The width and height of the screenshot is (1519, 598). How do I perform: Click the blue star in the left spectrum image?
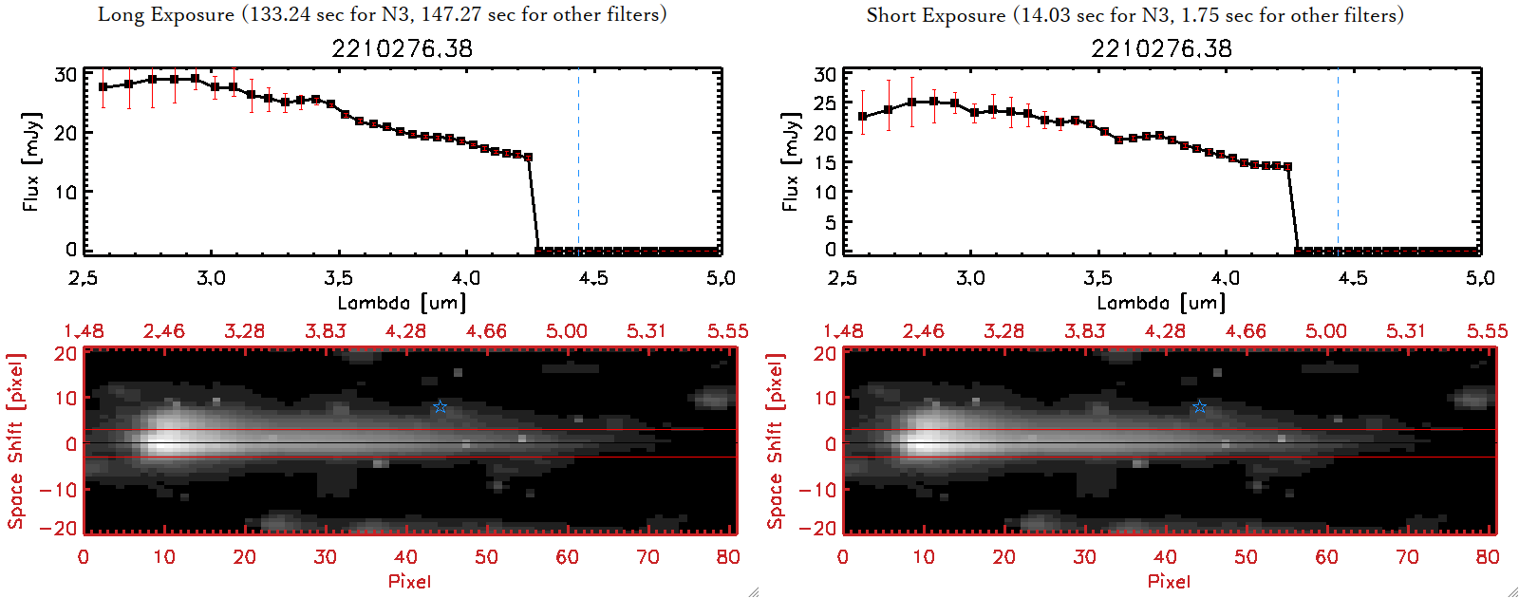pyautogui.click(x=440, y=407)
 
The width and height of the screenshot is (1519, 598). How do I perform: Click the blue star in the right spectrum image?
pyautogui.click(x=1199, y=407)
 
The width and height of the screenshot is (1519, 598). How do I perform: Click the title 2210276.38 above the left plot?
pyautogui.click(x=402, y=48)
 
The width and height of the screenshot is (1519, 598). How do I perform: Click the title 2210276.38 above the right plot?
pyautogui.click(x=1161, y=48)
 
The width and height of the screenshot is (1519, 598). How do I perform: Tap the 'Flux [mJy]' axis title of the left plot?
pyautogui.click(x=31, y=161)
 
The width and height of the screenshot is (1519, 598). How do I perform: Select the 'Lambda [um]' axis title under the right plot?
pyautogui.click(x=1161, y=303)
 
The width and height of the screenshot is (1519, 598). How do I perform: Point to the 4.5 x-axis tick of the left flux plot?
pyautogui.click(x=593, y=278)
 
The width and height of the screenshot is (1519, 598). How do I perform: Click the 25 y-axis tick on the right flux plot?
pyautogui.click(x=825, y=103)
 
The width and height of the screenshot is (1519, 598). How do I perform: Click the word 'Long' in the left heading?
pyautogui.click(x=119, y=14)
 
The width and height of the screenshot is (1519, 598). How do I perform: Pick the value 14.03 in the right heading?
pyautogui.click(x=1045, y=15)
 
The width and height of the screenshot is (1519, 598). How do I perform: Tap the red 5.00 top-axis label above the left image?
pyautogui.click(x=567, y=331)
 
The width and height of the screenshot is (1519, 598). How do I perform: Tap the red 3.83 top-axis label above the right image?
pyautogui.click(x=1084, y=331)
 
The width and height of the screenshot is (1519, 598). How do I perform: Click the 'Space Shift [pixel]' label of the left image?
pyautogui.click(x=15, y=440)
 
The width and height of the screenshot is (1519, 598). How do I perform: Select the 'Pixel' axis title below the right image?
pyautogui.click(x=1169, y=581)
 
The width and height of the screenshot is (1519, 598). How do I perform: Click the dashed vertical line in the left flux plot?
pyautogui.click(x=578, y=161)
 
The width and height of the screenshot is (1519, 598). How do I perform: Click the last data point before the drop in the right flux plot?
pyautogui.click(x=1287, y=167)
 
